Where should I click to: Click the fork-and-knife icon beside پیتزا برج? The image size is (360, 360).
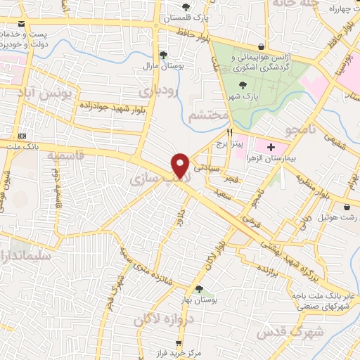[x=229, y=132]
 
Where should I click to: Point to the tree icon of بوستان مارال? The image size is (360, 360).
[x=164, y=54]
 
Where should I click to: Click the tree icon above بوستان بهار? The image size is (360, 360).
[x=199, y=288]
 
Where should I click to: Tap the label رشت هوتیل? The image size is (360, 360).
[x=340, y=217]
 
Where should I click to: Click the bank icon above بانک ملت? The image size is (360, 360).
[x=22, y=136]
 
